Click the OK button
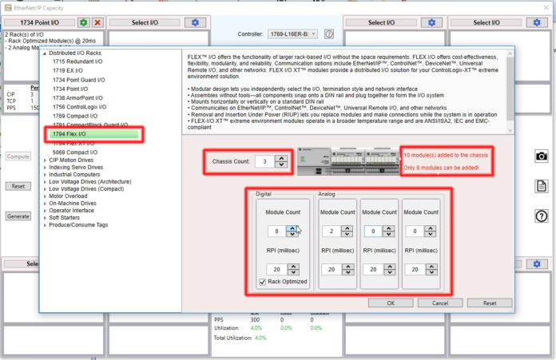pyautogui.click(x=391, y=303)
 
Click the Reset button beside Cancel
pyautogui.click(x=490, y=303)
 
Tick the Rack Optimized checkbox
pyautogui.click(x=264, y=282)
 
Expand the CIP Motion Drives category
pyautogui.click(x=45, y=160)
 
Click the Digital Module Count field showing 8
pyautogui.click(x=275, y=231)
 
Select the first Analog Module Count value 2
pyautogui.click(x=329, y=231)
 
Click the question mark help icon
pyautogui.click(x=542, y=216)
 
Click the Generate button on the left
pyautogui.click(x=18, y=216)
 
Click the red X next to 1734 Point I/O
pyautogui.click(x=97, y=22)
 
